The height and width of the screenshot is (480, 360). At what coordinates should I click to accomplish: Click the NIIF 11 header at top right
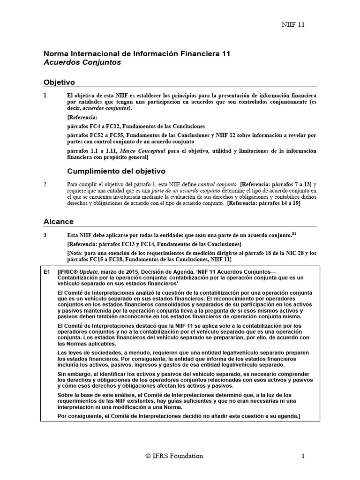tap(293, 24)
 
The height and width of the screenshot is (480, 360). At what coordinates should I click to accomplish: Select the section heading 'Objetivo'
tap(59, 82)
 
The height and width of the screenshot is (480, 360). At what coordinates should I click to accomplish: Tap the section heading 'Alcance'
tap(59, 221)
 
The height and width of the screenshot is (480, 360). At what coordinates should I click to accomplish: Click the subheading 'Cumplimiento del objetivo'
tap(116, 171)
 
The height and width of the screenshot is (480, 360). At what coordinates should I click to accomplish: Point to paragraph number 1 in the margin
tap(45, 95)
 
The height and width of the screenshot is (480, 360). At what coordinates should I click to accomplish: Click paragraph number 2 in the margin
tap(45, 185)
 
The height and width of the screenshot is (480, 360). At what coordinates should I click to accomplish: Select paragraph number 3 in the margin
tap(45, 235)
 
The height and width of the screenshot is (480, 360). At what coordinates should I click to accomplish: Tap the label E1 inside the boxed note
tap(46, 271)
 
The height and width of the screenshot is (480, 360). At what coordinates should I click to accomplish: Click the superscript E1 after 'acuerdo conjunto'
tap(294, 233)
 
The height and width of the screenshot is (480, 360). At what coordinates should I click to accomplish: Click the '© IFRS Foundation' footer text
tap(174, 456)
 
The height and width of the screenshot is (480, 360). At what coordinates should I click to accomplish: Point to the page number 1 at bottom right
tap(303, 456)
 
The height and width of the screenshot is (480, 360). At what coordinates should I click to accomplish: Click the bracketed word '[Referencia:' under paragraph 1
tap(82, 118)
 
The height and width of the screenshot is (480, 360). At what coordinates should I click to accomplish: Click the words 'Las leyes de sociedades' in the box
tap(89, 352)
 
